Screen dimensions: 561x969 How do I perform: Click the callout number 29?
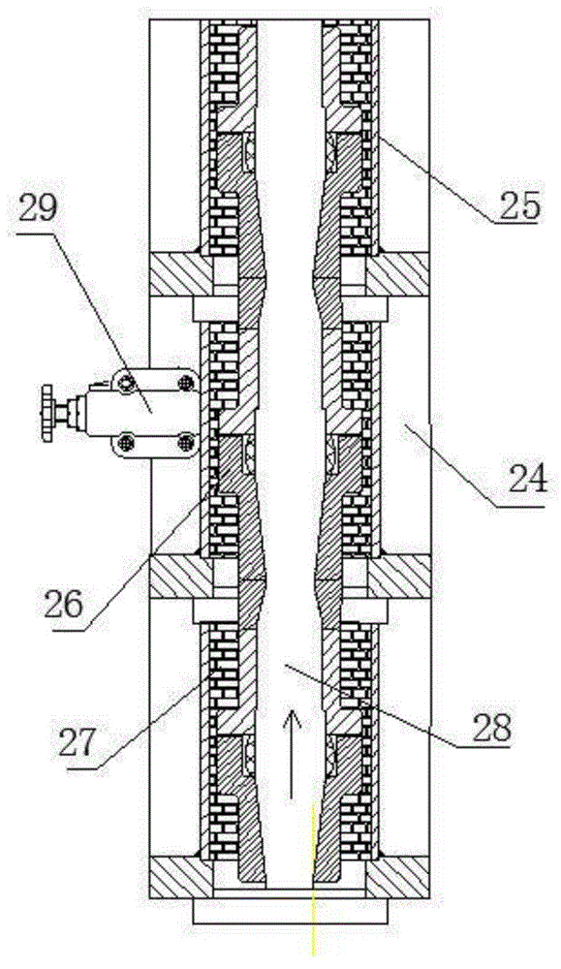[38, 210]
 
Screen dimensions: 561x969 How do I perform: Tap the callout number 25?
[519, 206]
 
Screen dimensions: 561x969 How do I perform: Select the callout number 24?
[527, 478]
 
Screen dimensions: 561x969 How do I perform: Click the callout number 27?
[78, 744]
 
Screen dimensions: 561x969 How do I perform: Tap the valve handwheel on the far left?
[47, 413]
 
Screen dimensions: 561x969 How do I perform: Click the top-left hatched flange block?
[181, 273]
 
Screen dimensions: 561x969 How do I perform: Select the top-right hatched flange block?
[398, 273]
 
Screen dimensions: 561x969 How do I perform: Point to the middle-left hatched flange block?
[181, 576]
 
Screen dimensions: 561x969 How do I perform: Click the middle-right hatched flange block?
[398, 576]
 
